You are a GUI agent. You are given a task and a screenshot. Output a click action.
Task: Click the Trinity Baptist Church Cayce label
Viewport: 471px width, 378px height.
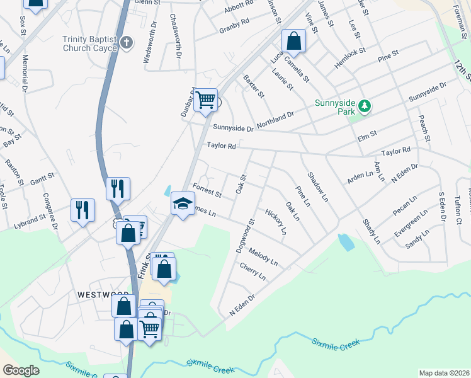pyautogui.click(x=89, y=43)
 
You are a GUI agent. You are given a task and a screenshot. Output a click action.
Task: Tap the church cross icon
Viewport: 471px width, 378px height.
pyautogui.click(x=127, y=43)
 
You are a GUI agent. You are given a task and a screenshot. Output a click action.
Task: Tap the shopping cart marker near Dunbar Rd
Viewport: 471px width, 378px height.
pyautogui.click(x=205, y=100)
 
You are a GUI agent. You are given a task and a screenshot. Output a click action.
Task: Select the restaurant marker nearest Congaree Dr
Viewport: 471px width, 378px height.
pyautogui.click(x=82, y=210)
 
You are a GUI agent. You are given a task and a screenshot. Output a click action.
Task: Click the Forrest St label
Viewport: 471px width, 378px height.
pyautogui.click(x=207, y=189)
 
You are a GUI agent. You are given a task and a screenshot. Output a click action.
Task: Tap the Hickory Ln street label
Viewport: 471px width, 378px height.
pyautogui.click(x=276, y=222)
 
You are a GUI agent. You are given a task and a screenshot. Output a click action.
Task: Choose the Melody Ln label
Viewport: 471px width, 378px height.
pyautogui.click(x=263, y=258)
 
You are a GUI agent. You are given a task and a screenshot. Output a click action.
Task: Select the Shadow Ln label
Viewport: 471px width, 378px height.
pyautogui.click(x=318, y=187)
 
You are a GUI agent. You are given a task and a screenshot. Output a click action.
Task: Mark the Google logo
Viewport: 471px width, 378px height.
pyautogui.click(x=21, y=370)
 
